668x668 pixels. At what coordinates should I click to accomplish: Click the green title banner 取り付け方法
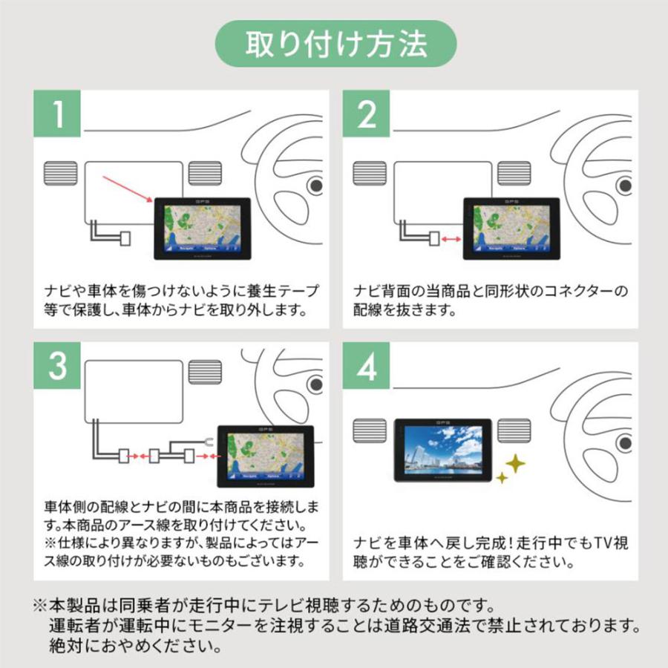[x=335, y=45]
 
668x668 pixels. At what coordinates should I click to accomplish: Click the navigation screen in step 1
[x=202, y=227]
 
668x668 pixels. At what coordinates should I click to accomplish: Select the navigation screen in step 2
[x=511, y=227]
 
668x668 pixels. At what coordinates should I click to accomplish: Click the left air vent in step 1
[x=60, y=174]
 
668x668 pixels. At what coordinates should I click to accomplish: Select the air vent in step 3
[x=206, y=371]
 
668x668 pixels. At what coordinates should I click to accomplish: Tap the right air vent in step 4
[x=514, y=431]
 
